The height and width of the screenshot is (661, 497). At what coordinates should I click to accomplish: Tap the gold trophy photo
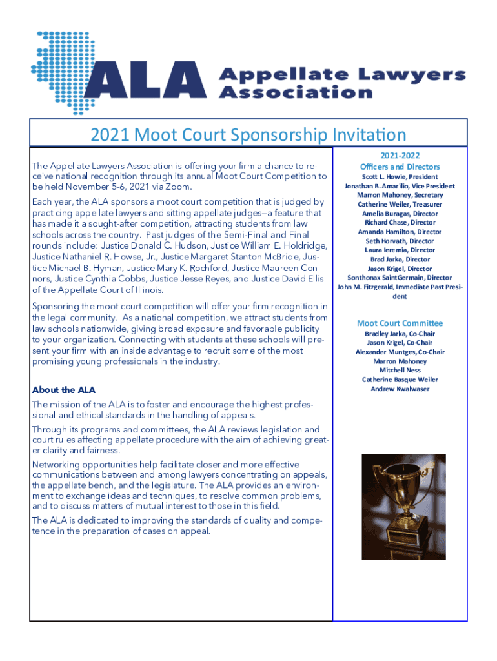pos(403,507)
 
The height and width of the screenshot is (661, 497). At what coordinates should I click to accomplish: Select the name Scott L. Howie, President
pos(400,176)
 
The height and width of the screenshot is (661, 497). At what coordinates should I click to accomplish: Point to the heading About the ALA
pos(63,390)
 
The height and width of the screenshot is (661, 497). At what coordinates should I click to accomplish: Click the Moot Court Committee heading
pos(400,323)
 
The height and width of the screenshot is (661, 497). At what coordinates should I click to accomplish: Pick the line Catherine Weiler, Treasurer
pos(400,204)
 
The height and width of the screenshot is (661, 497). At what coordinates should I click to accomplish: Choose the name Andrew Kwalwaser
pos(400,389)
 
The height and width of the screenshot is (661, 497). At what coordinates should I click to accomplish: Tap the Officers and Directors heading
pos(400,167)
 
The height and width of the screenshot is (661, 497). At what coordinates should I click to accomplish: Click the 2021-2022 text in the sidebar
pos(400,157)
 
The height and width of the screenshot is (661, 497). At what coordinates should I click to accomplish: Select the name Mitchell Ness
pos(400,371)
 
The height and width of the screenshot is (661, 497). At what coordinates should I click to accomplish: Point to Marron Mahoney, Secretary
pos(400,195)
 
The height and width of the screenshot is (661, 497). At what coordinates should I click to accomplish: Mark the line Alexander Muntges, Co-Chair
pos(400,352)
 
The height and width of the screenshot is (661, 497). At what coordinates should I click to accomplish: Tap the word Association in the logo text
pos(296,92)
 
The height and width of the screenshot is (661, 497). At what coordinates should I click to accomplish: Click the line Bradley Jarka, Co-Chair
pos(400,334)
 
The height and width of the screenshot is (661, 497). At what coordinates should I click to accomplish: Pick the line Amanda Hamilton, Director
pos(400,232)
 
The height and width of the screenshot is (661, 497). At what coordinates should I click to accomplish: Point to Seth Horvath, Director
pos(400,241)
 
